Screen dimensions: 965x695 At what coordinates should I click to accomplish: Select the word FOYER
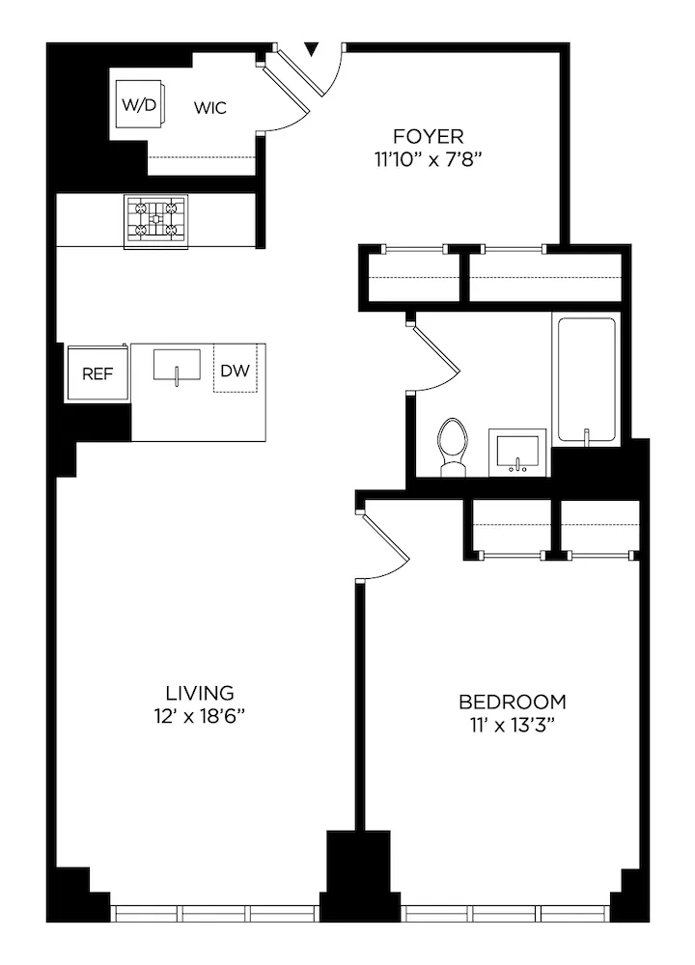coord(428,136)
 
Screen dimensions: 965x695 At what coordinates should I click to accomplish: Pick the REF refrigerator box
coord(97,373)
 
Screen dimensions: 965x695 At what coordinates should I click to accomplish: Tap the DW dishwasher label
coord(235,371)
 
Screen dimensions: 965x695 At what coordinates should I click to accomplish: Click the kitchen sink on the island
coord(177,367)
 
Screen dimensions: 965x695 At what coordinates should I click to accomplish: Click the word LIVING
coord(200,692)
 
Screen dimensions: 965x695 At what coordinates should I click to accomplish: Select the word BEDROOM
coord(513,702)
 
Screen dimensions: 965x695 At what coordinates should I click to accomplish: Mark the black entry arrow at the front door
coord(312,48)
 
